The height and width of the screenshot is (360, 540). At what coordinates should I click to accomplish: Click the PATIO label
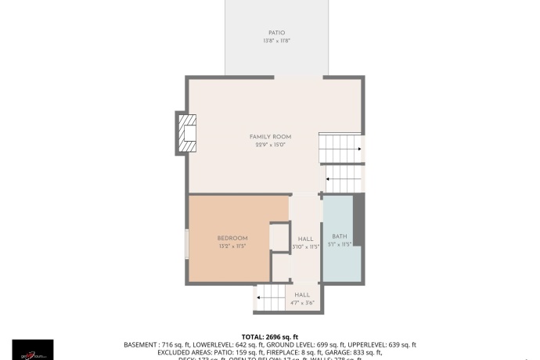coord(265,33)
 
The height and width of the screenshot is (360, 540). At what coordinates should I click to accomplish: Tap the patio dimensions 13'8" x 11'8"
coord(265,41)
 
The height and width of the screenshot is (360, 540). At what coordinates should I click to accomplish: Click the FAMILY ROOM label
coord(270,137)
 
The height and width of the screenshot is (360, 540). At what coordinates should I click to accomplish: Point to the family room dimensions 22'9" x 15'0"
coord(270,145)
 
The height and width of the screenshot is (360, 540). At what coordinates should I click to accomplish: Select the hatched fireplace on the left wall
coord(185,135)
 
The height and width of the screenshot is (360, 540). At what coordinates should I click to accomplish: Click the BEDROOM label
coord(232,238)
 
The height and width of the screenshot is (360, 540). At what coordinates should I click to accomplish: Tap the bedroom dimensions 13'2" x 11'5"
coord(232,246)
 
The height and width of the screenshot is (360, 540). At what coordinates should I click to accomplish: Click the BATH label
coord(339,236)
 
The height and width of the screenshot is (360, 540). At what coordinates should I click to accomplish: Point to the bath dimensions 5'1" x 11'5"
coord(339,244)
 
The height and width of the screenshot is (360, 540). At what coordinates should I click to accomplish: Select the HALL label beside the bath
coord(305,238)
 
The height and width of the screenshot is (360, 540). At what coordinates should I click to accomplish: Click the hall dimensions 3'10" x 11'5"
coord(305,246)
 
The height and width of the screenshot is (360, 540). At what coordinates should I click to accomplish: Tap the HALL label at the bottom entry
coord(302,295)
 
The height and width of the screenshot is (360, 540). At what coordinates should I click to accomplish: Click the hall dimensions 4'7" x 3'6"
coord(302,303)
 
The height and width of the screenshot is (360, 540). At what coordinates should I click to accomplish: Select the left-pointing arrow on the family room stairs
coord(327,180)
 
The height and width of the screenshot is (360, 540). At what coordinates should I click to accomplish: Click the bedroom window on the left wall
coord(186,243)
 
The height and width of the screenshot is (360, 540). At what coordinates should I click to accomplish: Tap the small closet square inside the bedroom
coord(279,237)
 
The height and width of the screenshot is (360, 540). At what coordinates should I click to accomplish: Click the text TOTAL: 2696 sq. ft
coord(269,335)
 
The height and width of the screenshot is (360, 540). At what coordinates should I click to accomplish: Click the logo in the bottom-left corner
coord(32,350)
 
